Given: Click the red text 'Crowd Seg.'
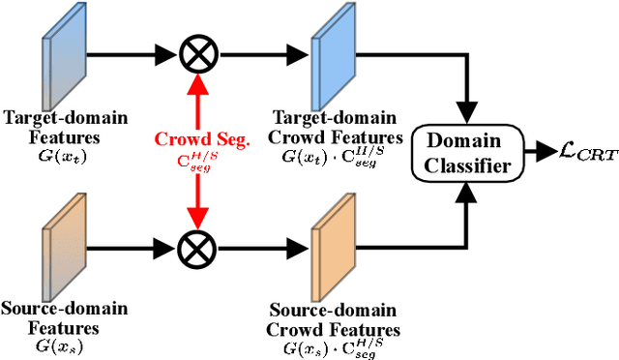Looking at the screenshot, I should click(196, 139).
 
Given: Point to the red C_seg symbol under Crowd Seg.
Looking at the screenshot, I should click(196, 159).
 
